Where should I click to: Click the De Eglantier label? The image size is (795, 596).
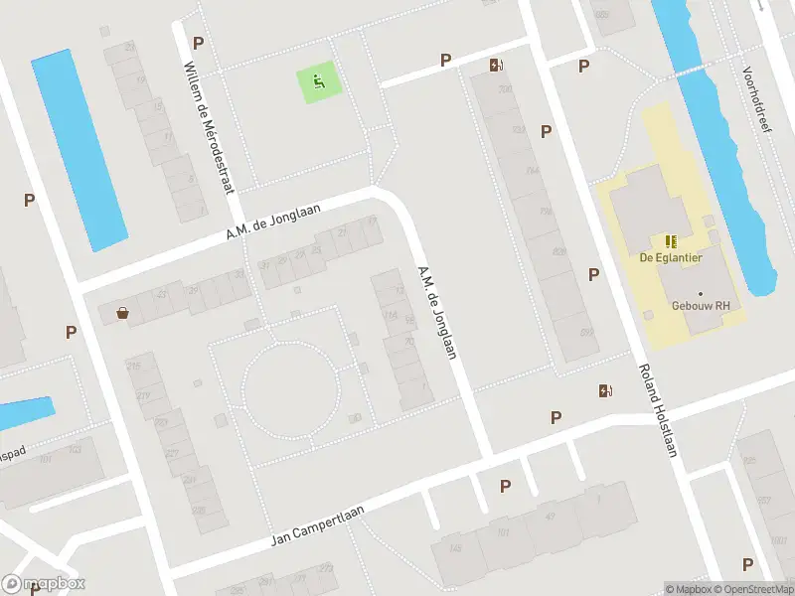pos(672,258)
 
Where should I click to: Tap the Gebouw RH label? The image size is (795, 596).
pos(694,306)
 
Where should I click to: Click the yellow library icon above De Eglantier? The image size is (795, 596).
pos(671,240)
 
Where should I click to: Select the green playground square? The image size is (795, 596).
pos(319,81)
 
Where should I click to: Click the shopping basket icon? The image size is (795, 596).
pos(122,313)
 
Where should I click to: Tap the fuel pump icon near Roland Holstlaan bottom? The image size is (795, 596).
pos(605,390)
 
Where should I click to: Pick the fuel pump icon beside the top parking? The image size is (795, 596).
pos(495,67)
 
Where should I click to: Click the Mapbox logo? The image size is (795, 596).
pos(44,584)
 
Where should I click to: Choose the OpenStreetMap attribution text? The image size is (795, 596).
pos(755,589)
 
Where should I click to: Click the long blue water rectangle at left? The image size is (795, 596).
pos(79,149)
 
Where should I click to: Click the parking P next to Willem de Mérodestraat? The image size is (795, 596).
pos(198,43)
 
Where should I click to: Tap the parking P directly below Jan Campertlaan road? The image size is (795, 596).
pos(505,486)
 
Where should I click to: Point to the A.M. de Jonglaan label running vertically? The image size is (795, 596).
pos(437,313)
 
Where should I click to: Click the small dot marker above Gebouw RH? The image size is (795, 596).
pos(701,293)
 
